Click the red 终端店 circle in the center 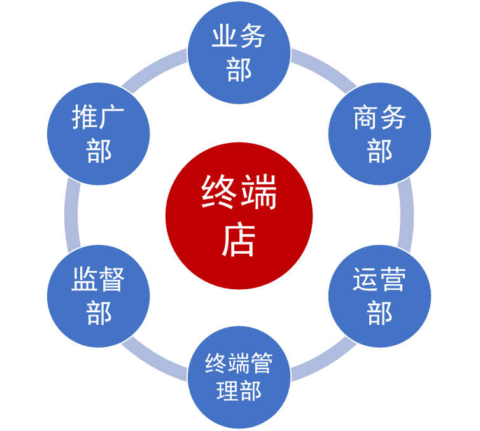pos(239,215)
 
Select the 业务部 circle pos(239,53)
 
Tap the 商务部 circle pos(379,134)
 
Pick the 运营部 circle pos(379,296)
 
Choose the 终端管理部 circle pos(239,377)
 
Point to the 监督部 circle pos(98,296)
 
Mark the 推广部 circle pos(98,134)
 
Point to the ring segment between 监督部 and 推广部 pos(72,215)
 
